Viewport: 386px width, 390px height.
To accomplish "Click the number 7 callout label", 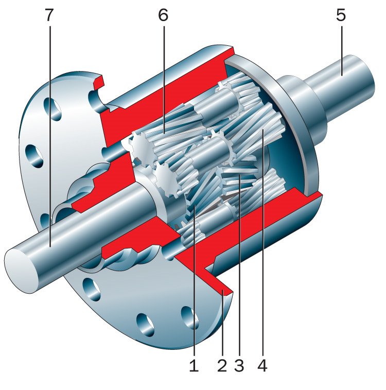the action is tap(49, 15).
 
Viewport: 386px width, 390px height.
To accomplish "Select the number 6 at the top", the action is tap(163, 15).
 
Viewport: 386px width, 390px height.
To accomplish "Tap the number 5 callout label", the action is tap(341, 15).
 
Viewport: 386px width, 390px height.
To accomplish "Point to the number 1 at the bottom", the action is tap(194, 366).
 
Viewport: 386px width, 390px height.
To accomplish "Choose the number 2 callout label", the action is tap(222, 366).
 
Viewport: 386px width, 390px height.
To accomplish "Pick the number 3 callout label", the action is tap(239, 366).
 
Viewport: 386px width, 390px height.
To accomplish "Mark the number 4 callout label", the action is tap(262, 366).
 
